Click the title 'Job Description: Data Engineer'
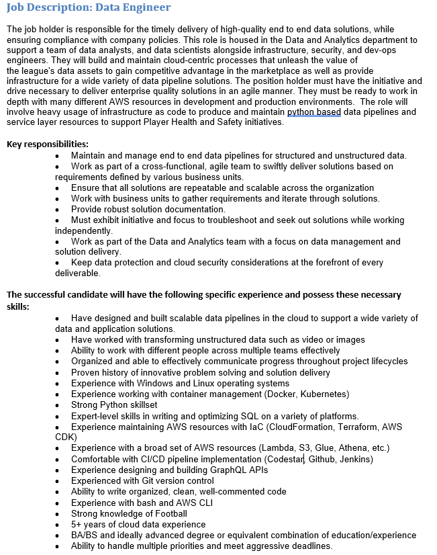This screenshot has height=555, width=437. click(89, 7)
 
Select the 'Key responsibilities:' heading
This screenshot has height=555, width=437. click(48, 144)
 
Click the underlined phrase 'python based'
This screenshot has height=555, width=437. click(313, 112)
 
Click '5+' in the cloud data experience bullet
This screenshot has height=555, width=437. click(78, 524)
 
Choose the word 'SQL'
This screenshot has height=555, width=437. click(234, 416)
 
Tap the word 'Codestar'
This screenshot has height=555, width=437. click(285, 459)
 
